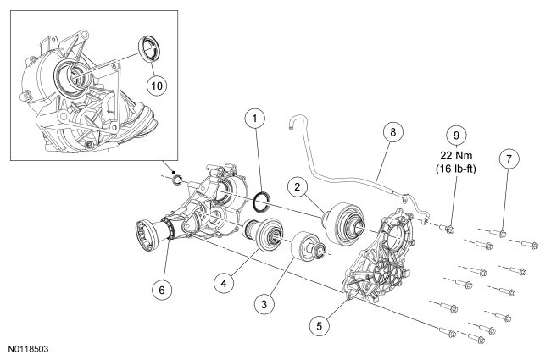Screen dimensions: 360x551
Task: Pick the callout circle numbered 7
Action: [508, 158]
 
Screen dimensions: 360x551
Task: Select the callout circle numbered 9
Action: [455, 134]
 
